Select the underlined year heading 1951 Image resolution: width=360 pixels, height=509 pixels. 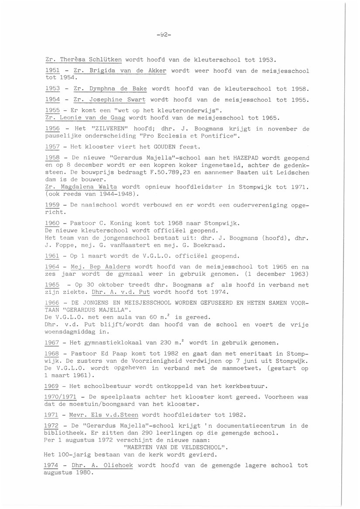point(52,70)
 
